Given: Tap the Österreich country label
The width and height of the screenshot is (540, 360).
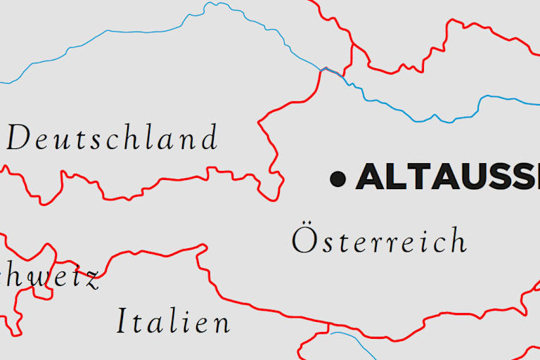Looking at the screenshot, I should (x=379, y=241).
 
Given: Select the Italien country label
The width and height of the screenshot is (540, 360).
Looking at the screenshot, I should (x=173, y=322).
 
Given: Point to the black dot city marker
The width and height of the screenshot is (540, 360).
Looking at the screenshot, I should (x=338, y=179).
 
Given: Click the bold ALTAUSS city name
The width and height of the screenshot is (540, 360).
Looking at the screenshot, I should (x=447, y=177).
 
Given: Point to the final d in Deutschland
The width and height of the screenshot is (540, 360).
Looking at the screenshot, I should (x=209, y=137).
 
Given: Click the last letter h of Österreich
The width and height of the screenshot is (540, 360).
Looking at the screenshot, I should (x=458, y=240).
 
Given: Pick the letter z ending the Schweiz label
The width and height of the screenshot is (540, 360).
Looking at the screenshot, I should (x=91, y=280).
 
